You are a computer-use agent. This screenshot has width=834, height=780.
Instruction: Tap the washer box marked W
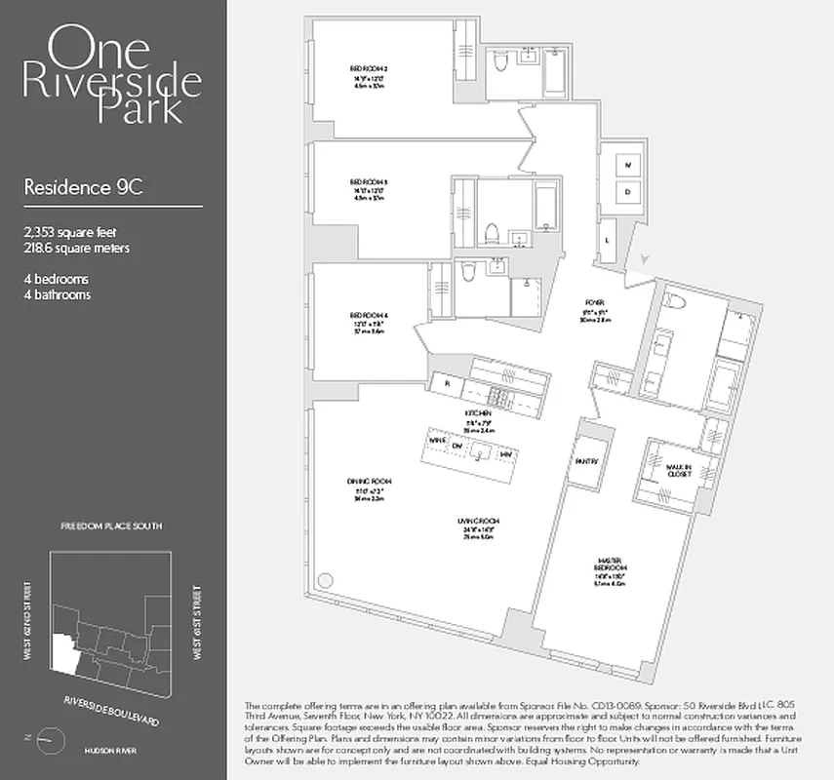click(x=629, y=165)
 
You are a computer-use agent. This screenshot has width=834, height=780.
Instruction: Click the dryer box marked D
click(x=629, y=192)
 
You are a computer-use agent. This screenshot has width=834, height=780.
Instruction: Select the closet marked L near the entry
click(x=609, y=239)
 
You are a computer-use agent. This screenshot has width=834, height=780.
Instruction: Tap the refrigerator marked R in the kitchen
click(x=447, y=384)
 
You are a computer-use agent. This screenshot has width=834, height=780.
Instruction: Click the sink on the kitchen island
click(x=480, y=451)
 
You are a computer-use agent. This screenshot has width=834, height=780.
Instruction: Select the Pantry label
click(x=586, y=461)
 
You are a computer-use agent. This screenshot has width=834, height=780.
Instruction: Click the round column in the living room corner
click(x=325, y=581)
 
